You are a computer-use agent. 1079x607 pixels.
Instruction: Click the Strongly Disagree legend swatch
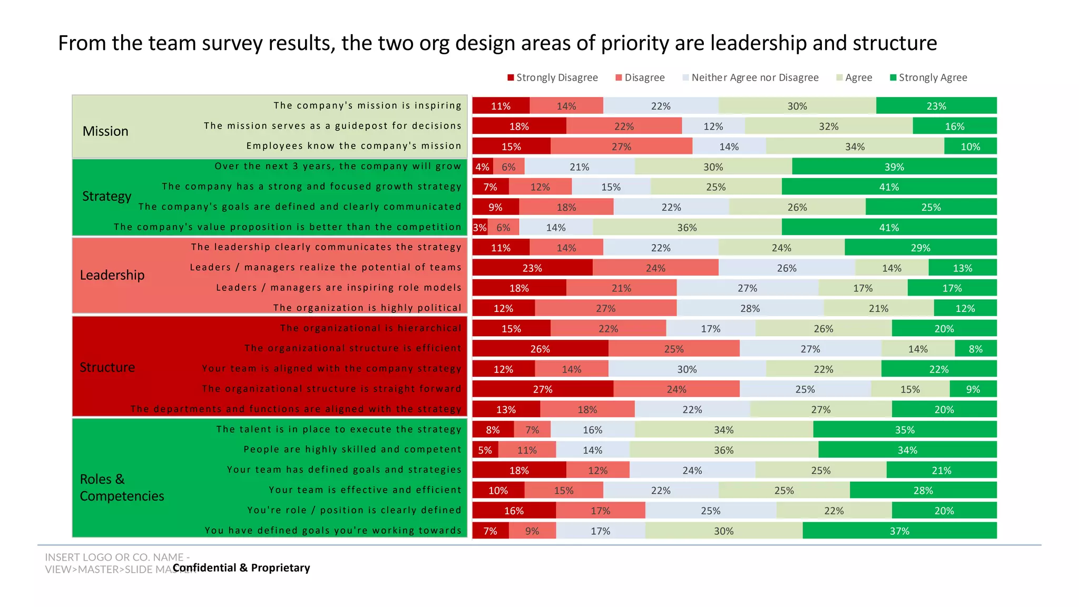coord(511,78)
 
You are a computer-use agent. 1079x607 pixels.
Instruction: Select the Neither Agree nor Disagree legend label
coord(754,78)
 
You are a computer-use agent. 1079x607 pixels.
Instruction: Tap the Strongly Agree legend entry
coord(932,78)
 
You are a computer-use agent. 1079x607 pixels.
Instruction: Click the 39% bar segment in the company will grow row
coord(894,167)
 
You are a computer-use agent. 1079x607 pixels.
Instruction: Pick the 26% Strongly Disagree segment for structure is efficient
coord(540,349)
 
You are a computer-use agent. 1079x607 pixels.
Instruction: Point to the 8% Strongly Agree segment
coord(975,349)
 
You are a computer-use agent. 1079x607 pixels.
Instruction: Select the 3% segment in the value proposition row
coord(479,228)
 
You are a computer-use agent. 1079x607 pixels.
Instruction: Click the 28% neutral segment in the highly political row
coord(750,308)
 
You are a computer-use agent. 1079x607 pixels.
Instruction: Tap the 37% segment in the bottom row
coord(899,531)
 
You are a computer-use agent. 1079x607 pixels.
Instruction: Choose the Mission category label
coord(105,131)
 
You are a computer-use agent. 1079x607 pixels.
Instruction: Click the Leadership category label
coord(112,275)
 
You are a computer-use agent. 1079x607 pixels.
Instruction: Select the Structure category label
coord(107,367)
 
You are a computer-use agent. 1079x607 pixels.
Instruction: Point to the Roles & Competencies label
coord(122,487)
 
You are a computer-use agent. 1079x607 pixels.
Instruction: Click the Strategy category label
coord(107,197)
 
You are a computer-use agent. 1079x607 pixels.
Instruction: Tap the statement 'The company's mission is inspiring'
coord(367,105)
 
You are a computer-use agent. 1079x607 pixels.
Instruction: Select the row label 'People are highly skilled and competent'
coord(352,449)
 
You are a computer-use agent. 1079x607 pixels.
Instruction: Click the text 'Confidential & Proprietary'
coord(241,568)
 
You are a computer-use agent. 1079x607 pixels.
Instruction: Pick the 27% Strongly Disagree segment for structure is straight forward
coord(543,389)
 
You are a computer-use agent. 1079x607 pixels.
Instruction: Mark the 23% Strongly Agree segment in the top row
coord(936,106)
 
